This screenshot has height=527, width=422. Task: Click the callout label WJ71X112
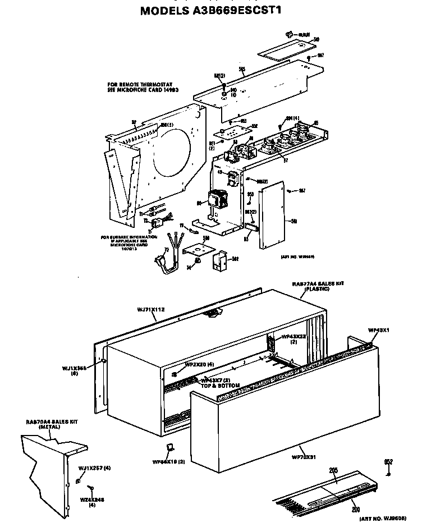[x=150, y=309]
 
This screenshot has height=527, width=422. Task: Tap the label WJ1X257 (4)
[x=94, y=468]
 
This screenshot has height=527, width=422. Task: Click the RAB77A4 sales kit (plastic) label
[x=318, y=286]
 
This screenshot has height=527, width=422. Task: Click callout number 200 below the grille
[x=355, y=509]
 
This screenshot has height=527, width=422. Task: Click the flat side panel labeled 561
[x=272, y=213]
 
